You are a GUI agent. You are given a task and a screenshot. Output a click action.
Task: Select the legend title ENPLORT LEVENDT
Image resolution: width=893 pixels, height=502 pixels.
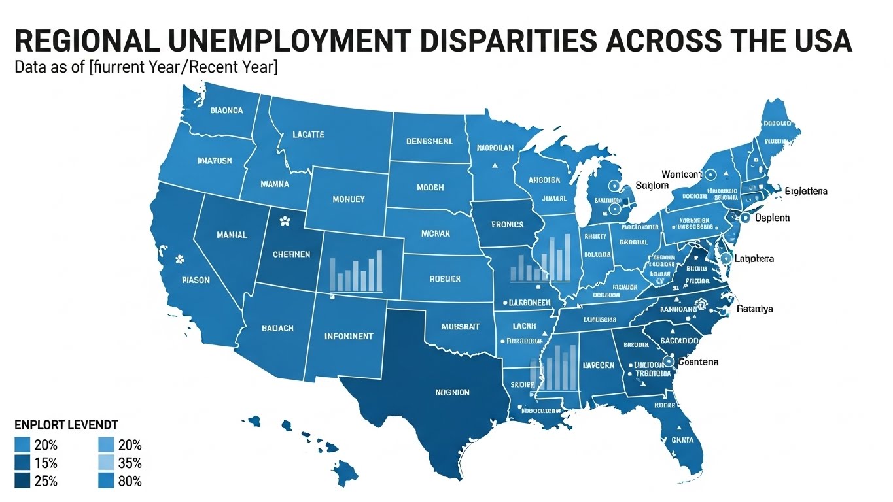(x=65, y=425)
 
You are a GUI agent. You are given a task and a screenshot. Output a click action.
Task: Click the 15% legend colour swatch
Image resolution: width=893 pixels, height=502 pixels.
(x=21, y=463)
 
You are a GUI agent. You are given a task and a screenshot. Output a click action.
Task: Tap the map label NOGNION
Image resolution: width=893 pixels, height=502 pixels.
(x=452, y=392)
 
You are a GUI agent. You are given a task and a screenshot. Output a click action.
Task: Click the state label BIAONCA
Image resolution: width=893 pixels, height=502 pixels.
(x=226, y=110)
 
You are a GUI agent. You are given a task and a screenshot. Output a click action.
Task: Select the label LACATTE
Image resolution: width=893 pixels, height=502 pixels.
(x=300, y=135)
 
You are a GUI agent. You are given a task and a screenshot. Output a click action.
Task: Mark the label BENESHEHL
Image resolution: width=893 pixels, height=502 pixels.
(x=429, y=141)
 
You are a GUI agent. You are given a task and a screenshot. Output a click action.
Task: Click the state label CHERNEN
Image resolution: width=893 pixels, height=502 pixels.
(x=291, y=254)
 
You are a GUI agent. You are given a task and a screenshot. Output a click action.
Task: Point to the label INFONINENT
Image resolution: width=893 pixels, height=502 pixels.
(x=349, y=336)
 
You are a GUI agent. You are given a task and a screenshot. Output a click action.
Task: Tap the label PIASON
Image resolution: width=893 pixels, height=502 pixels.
(x=196, y=280)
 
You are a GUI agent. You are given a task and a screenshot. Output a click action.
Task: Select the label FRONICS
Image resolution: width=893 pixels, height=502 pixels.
(x=507, y=224)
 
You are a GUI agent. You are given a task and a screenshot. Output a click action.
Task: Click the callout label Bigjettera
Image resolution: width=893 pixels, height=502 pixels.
(x=805, y=191)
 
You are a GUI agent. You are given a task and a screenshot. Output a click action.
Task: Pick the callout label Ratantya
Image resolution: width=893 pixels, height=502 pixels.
(x=754, y=309)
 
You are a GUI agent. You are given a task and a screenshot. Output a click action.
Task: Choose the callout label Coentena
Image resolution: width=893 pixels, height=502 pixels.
(x=698, y=361)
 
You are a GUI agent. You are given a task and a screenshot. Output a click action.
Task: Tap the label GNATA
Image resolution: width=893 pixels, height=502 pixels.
(x=682, y=440)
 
